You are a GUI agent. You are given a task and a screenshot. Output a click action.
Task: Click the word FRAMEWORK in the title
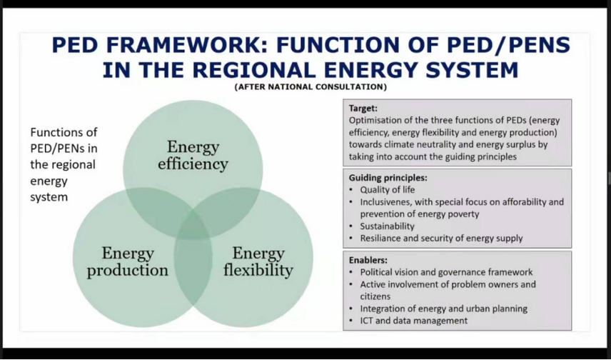[x=180, y=45]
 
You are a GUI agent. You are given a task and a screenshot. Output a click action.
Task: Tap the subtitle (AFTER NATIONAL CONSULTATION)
[x=310, y=87]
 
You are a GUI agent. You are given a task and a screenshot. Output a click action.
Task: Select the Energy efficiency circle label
[x=193, y=155]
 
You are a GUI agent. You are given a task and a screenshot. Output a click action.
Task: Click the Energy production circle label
[x=128, y=261]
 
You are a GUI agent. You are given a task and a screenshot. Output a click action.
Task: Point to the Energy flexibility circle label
[x=258, y=261]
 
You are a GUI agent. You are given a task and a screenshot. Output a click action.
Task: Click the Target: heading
[x=363, y=108]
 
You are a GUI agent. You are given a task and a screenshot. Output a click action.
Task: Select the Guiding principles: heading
[x=388, y=178]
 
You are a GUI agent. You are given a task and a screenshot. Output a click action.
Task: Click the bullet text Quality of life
[x=388, y=190]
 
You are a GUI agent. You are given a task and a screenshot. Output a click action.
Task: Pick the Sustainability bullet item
[x=387, y=226]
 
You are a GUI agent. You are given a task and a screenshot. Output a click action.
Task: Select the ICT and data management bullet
[x=413, y=321]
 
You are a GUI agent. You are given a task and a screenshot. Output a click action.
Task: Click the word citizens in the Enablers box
[x=375, y=296]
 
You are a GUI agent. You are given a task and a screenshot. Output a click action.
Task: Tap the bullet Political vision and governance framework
[x=446, y=272]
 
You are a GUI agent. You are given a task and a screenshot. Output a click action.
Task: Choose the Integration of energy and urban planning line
[x=443, y=309]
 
